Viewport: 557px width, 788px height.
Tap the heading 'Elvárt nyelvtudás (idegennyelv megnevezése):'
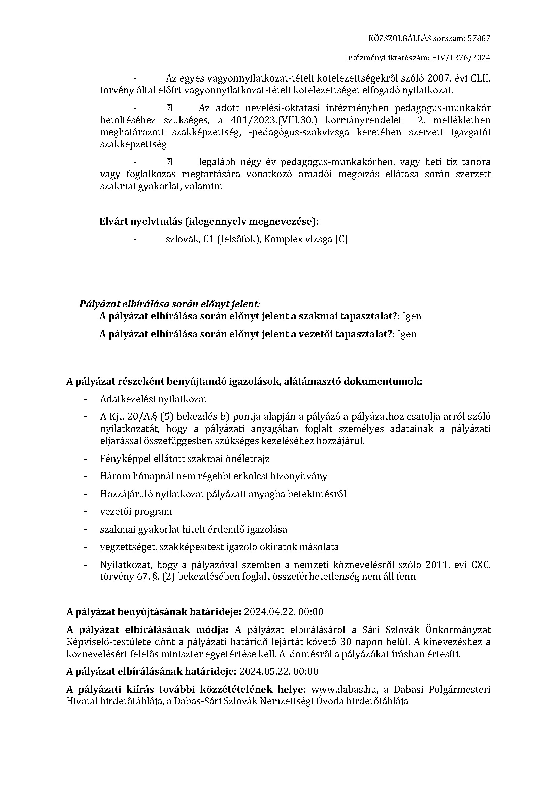(209, 222)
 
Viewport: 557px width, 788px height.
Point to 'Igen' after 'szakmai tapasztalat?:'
(411, 316)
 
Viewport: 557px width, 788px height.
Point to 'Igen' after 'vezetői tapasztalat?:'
(407, 334)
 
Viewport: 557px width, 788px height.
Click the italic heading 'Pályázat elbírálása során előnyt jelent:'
(170, 304)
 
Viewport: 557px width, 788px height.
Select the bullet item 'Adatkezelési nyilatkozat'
(154, 399)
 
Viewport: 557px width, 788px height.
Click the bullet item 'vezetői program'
(136, 511)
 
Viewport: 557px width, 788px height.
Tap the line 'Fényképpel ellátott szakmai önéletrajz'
(185, 458)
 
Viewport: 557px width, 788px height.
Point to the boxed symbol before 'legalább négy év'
(169, 162)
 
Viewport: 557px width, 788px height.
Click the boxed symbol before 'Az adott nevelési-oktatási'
(169, 108)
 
